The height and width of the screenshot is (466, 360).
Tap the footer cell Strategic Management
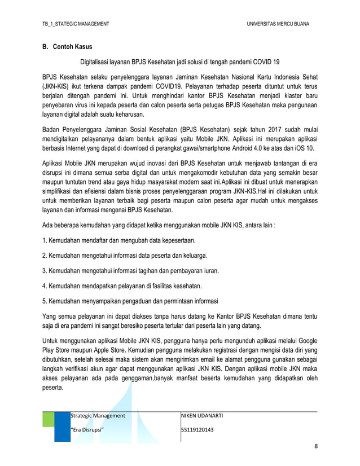pyautogui.click(x=97, y=416)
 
